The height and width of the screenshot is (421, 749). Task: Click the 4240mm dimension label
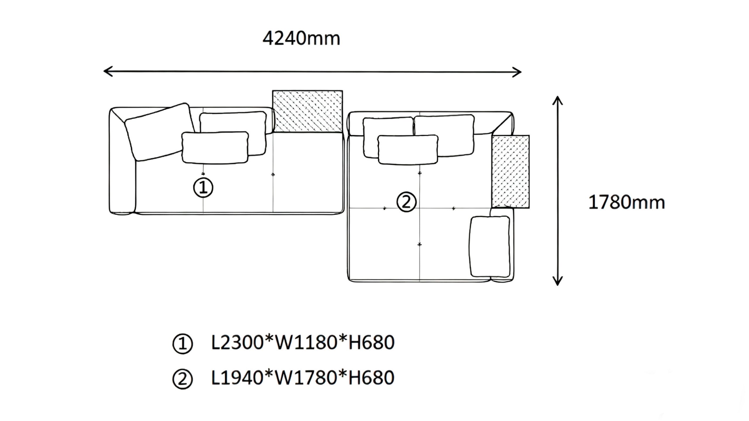tap(301, 39)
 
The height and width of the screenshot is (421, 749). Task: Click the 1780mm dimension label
tap(626, 202)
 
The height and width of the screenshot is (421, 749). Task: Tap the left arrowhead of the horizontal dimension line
tap(106, 71)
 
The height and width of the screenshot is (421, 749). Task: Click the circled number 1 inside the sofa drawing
tap(203, 188)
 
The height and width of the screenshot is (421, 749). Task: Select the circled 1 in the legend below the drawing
tap(183, 344)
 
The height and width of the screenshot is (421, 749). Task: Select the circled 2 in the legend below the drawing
tap(183, 379)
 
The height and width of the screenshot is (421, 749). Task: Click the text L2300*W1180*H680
tap(303, 343)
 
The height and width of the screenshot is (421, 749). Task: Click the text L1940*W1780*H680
tap(303, 378)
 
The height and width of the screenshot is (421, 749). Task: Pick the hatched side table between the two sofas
tap(307, 111)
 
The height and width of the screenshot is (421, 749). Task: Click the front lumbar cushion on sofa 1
tap(215, 147)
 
